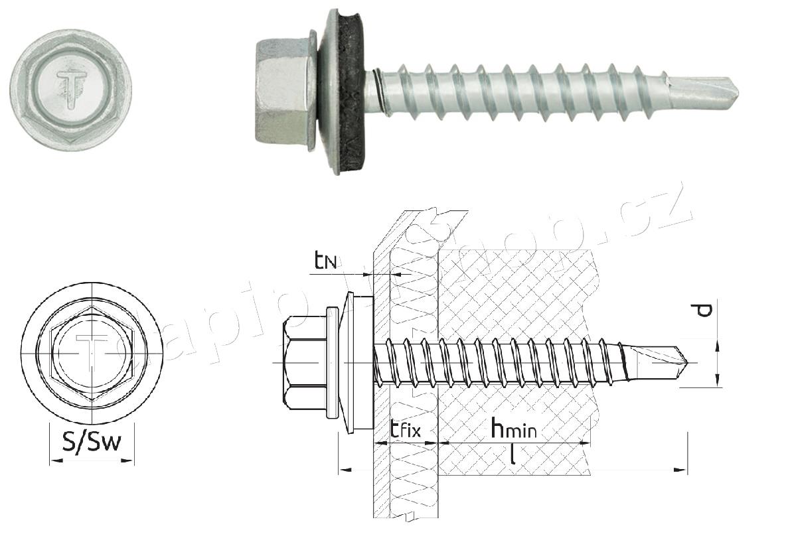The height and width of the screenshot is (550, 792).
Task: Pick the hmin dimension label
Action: coord(513,429)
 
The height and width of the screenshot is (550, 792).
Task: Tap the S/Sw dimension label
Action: coord(92,441)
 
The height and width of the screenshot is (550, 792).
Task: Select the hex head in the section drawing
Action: coord(304,362)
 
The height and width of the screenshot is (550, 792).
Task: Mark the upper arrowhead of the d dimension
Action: coord(716,343)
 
